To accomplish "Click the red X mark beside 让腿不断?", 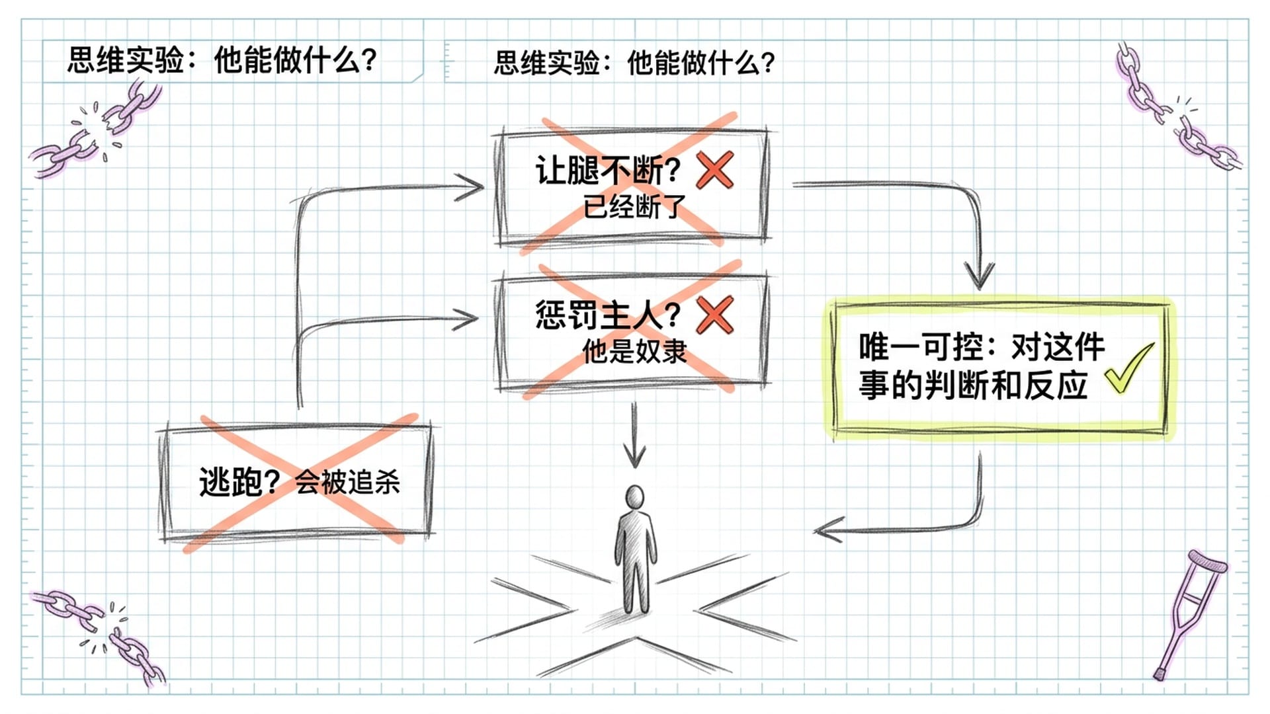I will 715,170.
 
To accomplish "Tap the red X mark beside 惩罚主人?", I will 715,315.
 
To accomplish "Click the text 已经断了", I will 634,207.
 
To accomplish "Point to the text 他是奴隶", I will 634,351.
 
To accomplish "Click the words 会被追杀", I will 347,482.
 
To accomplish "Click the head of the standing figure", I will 634,496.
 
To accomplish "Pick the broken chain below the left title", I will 96,129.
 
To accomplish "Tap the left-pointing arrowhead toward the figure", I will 825,530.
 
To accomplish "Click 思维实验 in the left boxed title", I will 126,60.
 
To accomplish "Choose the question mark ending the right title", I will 767,63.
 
